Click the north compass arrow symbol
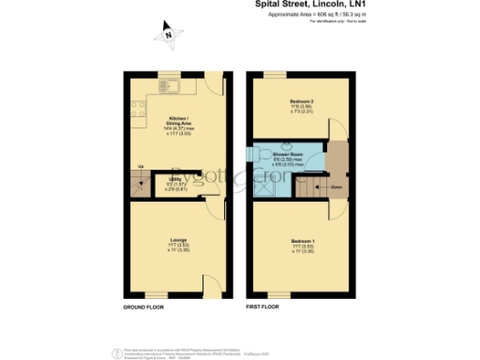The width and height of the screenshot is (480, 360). coord(167,37)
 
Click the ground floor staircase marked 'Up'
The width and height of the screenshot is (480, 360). coord(141,186)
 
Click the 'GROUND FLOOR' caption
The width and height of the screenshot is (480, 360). coord(144,307)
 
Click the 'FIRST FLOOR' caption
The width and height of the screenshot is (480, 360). coord(264,307)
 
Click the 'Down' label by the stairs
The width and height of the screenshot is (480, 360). coord(335,187)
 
